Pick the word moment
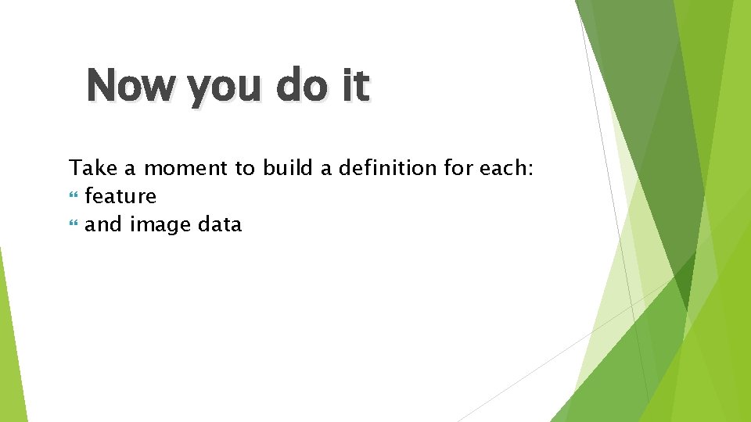(185, 167)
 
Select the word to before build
(245, 167)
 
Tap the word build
(287, 167)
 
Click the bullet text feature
(120, 196)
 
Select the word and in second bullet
(103, 225)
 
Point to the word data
(220, 225)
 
